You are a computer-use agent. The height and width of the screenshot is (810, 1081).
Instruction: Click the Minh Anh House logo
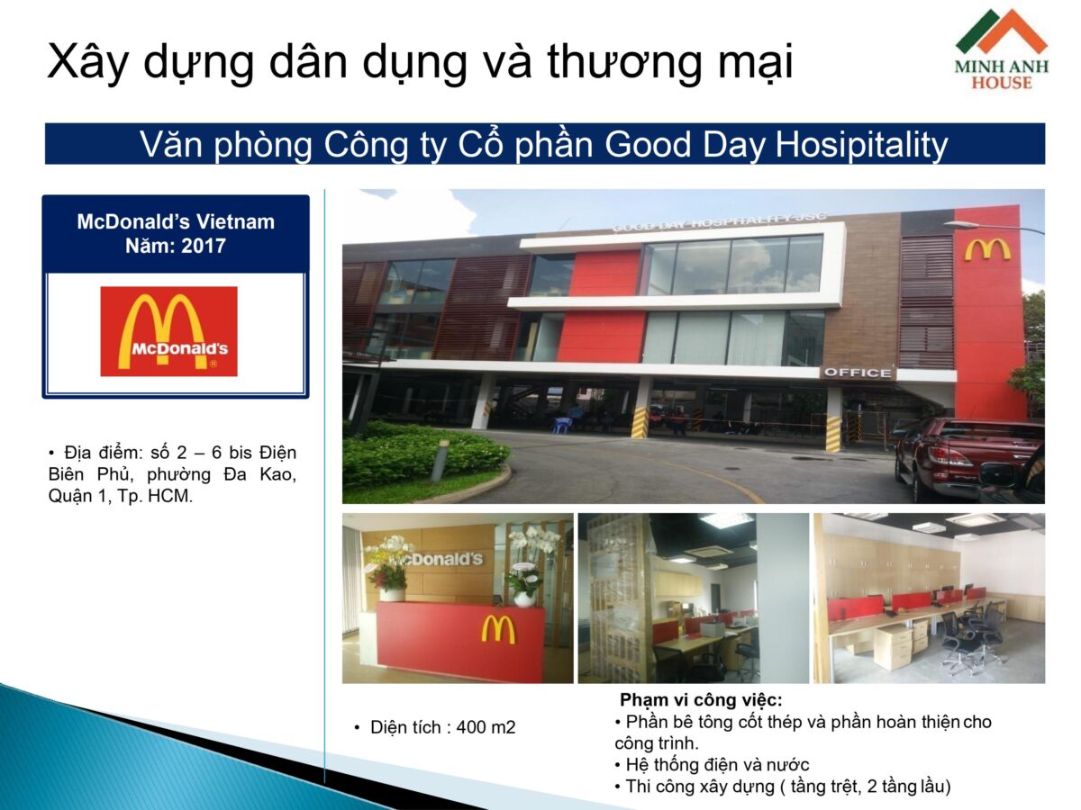point(1001,49)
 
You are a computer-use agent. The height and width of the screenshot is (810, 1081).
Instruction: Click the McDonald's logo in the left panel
point(168,330)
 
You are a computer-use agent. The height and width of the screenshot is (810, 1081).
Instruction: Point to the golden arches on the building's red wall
point(987,249)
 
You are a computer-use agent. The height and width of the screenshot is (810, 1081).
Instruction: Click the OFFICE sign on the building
point(857,373)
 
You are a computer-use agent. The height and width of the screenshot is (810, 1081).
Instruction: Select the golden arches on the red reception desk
point(497,628)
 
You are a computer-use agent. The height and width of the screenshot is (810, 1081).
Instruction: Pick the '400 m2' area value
point(486,727)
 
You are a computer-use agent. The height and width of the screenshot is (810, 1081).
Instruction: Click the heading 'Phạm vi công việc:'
point(701,699)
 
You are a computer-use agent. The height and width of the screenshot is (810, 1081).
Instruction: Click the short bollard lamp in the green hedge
point(441,459)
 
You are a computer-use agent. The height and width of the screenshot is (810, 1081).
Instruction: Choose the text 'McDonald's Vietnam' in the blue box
point(176,221)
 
